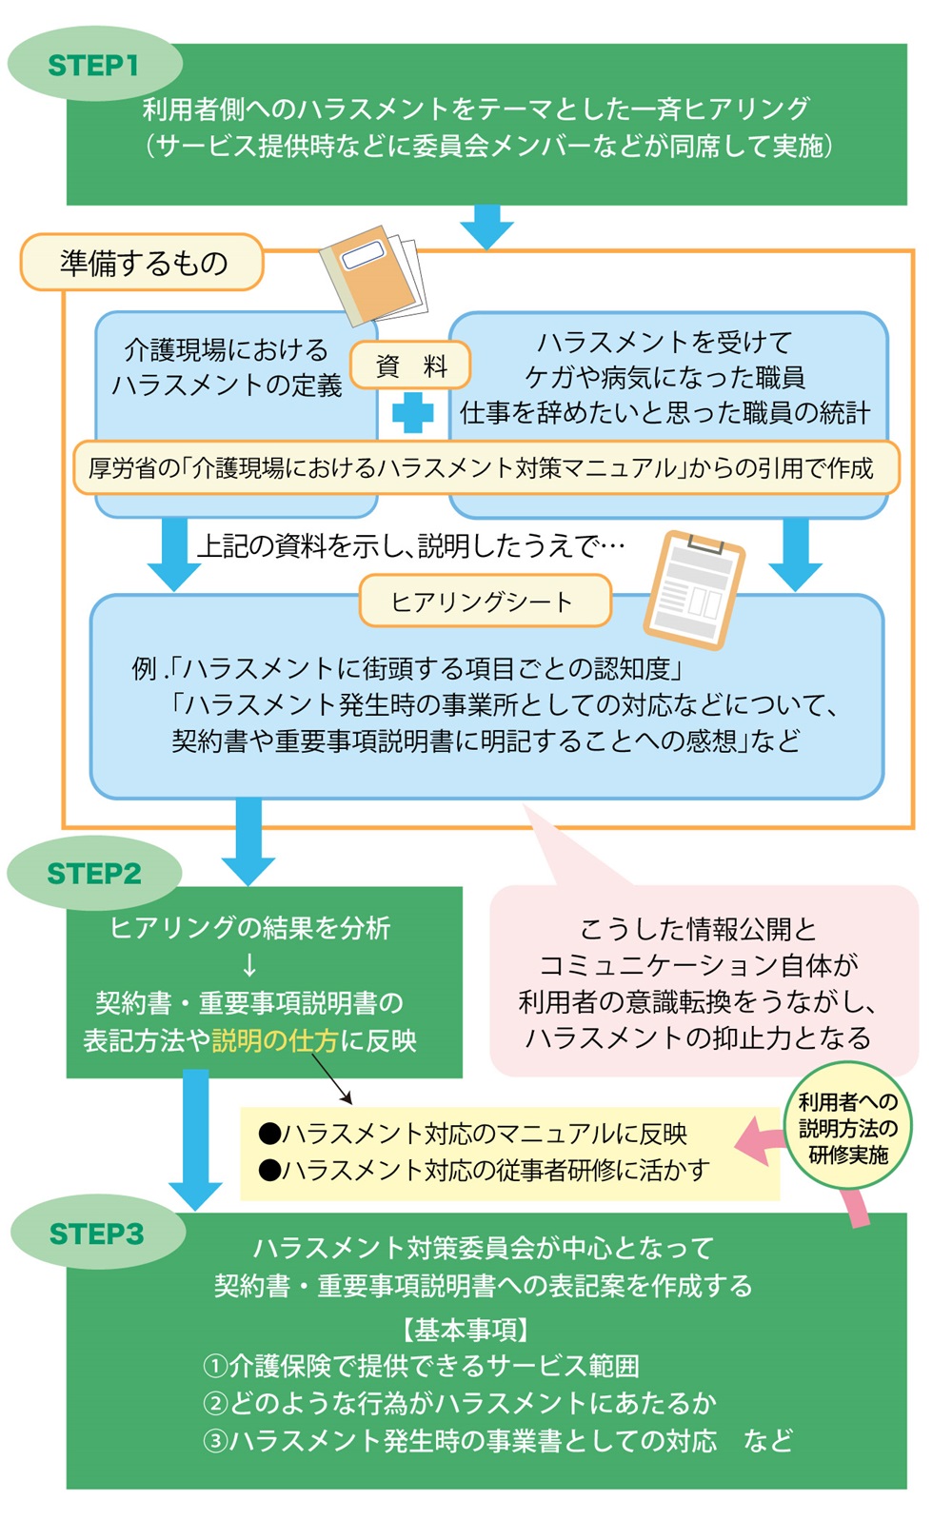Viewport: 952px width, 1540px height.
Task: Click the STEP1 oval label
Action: tap(93, 65)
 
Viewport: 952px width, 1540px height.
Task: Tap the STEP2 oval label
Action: tap(93, 873)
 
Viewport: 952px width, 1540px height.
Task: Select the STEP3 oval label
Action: tap(97, 1234)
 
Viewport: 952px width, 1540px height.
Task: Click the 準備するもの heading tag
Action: tap(143, 262)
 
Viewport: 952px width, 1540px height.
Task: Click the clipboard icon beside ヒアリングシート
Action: tap(693, 589)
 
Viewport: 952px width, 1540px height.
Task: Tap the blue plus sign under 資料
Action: tap(412, 413)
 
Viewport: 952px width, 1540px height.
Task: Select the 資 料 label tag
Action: tap(411, 365)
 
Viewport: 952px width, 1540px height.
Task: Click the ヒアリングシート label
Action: tap(484, 601)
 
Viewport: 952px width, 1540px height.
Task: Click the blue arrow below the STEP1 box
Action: tap(486, 227)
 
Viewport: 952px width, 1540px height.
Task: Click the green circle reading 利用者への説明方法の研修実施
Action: tap(847, 1128)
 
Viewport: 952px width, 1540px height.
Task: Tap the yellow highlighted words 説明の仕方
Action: tap(275, 1040)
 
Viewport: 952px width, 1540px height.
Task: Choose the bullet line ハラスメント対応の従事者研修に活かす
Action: tap(485, 1170)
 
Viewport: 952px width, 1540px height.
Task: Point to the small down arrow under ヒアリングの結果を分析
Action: tap(249, 965)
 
